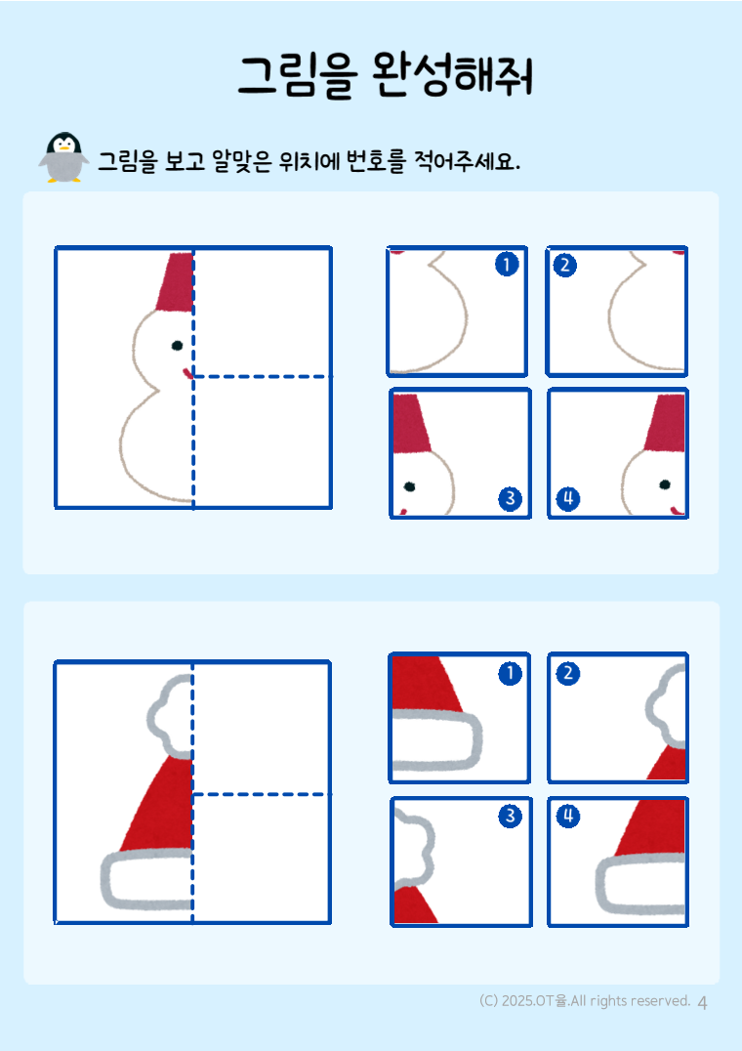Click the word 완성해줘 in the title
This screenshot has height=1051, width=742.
click(452, 74)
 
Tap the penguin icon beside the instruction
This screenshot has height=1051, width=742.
click(63, 157)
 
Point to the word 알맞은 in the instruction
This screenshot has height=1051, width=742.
click(242, 161)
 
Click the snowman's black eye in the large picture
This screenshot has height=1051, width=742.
click(177, 346)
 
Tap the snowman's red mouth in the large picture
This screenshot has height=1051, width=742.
click(187, 373)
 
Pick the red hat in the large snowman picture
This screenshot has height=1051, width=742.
click(175, 283)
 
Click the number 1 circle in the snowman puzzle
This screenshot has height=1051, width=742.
click(507, 264)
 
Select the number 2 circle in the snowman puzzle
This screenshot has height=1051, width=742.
click(564, 266)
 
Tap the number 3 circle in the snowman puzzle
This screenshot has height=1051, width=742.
click(510, 498)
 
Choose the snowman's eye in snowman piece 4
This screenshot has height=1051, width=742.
click(664, 484)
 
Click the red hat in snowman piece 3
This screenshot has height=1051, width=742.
click(411, 424)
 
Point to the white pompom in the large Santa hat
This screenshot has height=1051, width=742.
click(170, 715)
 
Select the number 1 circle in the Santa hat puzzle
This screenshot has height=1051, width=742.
click(510, 673)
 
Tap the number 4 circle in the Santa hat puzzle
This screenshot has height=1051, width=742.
click(568, 817)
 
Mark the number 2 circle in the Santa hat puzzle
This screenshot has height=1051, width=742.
click(568, 673)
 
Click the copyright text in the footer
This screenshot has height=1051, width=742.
click(585, 1001)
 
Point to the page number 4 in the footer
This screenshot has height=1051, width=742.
click(702, 1003)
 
